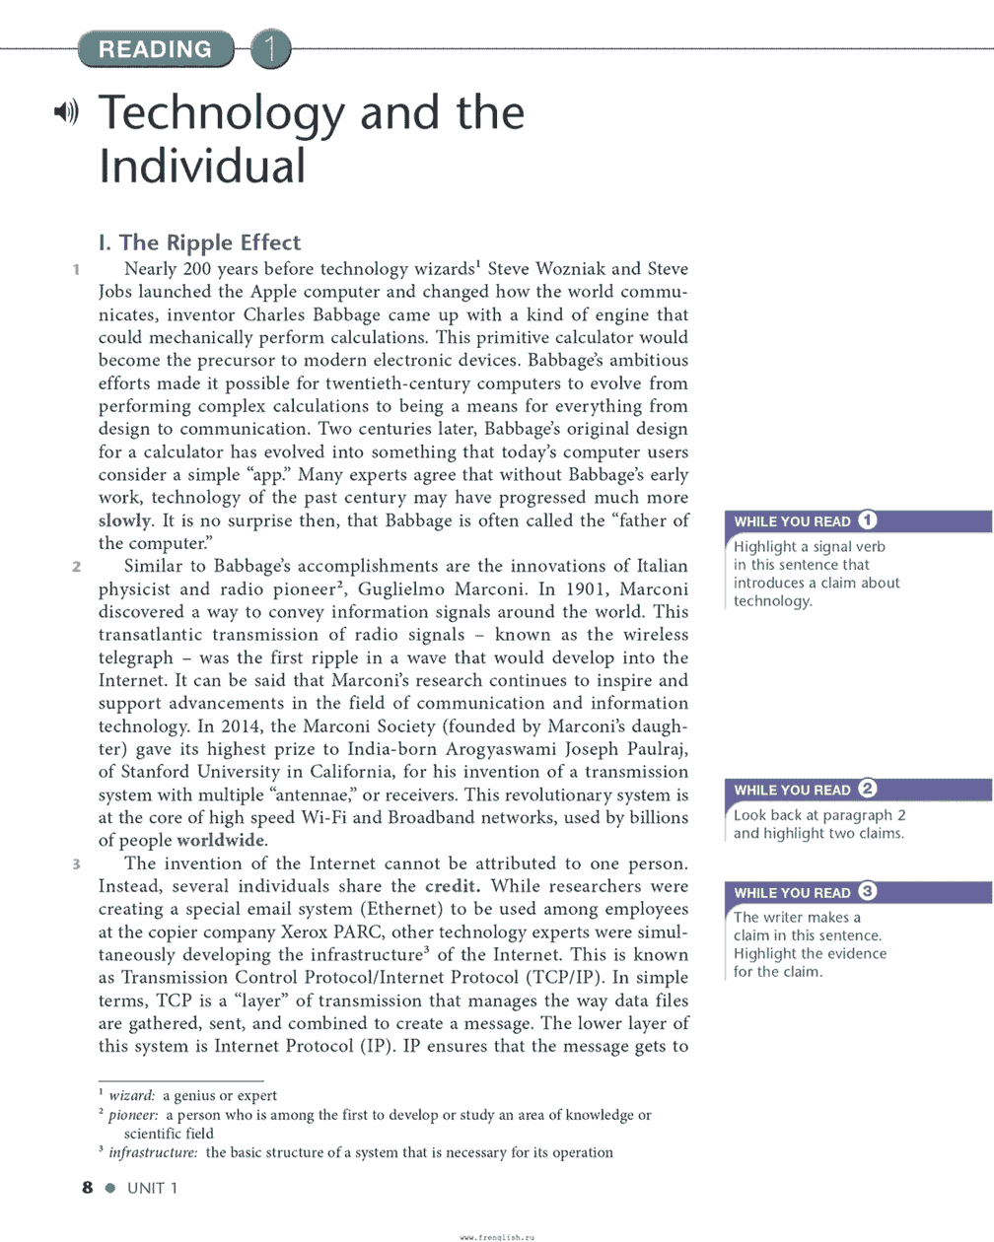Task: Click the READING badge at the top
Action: point(155,48)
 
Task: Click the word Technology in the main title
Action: point(222,114)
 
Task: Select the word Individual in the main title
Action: point(202,166)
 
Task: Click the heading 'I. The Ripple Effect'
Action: point(199,242)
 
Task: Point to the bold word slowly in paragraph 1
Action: point(124,520)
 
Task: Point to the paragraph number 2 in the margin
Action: point(76,567)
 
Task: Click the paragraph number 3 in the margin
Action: point(76,864)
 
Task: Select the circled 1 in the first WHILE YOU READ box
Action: point(868,520)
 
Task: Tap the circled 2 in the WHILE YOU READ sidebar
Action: point(868,789)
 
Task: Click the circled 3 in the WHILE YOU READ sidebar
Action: point(868,892)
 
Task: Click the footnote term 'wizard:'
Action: point(132,1095)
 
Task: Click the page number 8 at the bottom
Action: point(88,1188)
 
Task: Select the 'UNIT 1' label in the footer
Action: point(153,1188)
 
